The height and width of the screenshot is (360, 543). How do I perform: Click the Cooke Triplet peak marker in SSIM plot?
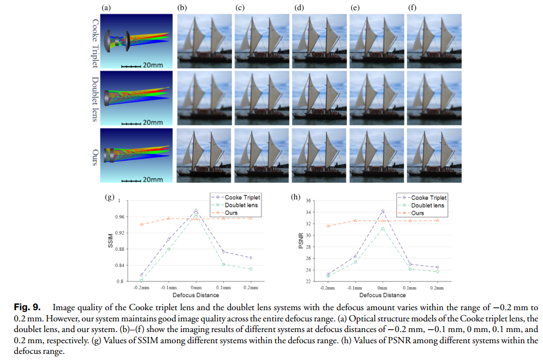coord(196,211)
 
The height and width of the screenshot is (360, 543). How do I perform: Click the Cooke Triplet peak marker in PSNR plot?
coord(382,211)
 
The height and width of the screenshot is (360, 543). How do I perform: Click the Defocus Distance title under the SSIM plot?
coord(195,294)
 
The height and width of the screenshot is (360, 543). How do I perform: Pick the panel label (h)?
coord(296,197)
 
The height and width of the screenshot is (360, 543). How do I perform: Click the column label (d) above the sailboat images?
coord(297,8)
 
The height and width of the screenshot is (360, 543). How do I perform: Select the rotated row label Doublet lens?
coord(93,99)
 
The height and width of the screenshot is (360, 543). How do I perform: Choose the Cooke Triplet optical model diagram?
coord(134,40)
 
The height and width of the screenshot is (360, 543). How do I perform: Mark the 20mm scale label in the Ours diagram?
coord(153,180)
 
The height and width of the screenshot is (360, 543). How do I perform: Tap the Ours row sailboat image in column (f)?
coord(434,156)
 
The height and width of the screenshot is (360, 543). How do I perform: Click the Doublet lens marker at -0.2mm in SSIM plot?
coord(141,280)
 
